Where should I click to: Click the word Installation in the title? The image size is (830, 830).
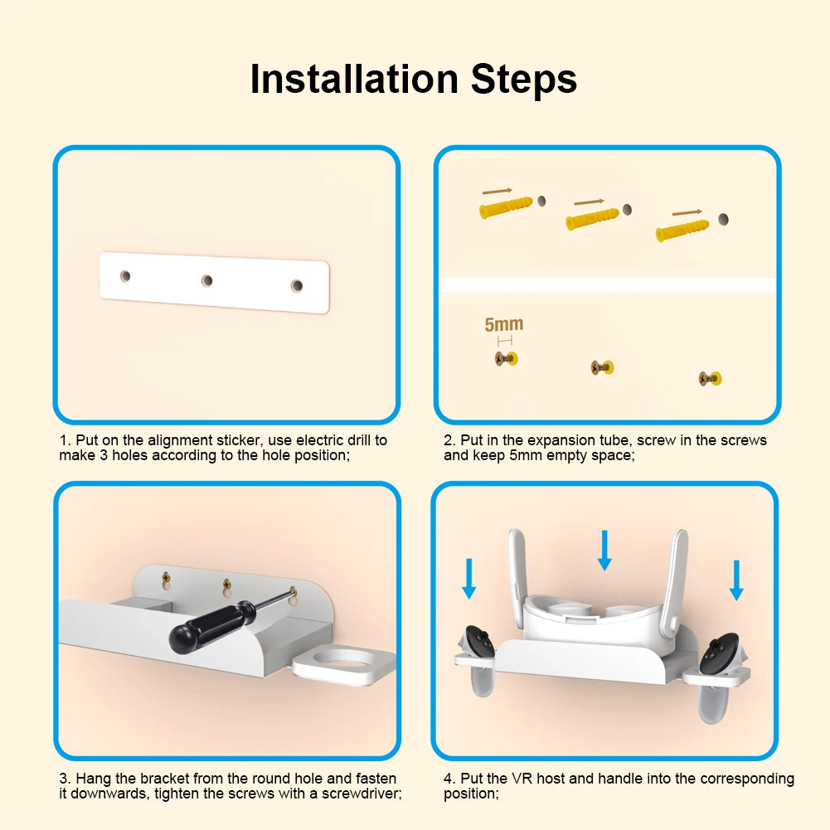354,79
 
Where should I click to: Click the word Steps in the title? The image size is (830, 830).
523,79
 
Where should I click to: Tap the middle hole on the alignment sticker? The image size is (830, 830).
207,280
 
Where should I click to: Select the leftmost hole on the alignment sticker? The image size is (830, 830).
125,276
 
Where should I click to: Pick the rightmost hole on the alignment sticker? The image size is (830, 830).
297,286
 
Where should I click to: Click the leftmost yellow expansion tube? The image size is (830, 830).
506,207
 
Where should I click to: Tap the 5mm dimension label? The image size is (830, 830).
504,324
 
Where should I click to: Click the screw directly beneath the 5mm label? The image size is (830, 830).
507,359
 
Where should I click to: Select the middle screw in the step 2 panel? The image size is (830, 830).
602,367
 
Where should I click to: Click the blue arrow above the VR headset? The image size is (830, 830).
604,551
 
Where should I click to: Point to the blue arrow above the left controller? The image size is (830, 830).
469,579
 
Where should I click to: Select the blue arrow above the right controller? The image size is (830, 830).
736,580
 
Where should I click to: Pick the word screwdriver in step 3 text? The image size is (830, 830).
362,794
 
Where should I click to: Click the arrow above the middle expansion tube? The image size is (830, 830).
590,201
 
